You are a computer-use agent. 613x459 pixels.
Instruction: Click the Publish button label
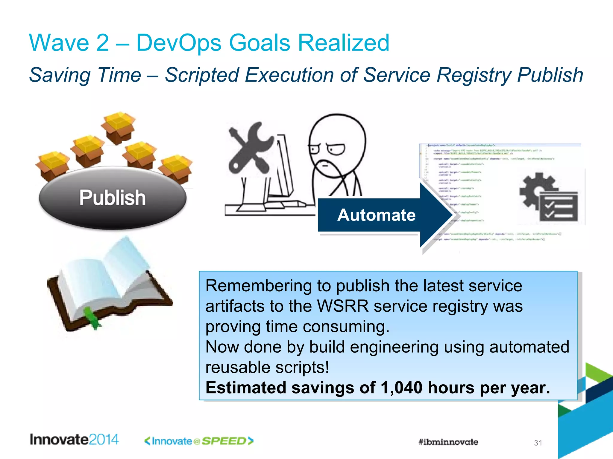[113, 198]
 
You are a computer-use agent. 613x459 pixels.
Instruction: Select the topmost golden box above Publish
[119, 127]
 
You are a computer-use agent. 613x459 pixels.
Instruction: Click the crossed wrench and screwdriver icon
[250, 148]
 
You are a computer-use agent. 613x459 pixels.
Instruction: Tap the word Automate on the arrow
[376, 215]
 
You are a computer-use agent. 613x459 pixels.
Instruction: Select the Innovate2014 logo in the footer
[74, 440]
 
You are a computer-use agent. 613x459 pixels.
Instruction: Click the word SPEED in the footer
[224, 441]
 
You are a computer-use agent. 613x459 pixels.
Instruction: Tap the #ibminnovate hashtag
[448, 442]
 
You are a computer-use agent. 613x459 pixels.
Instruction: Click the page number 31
[538, 443]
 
